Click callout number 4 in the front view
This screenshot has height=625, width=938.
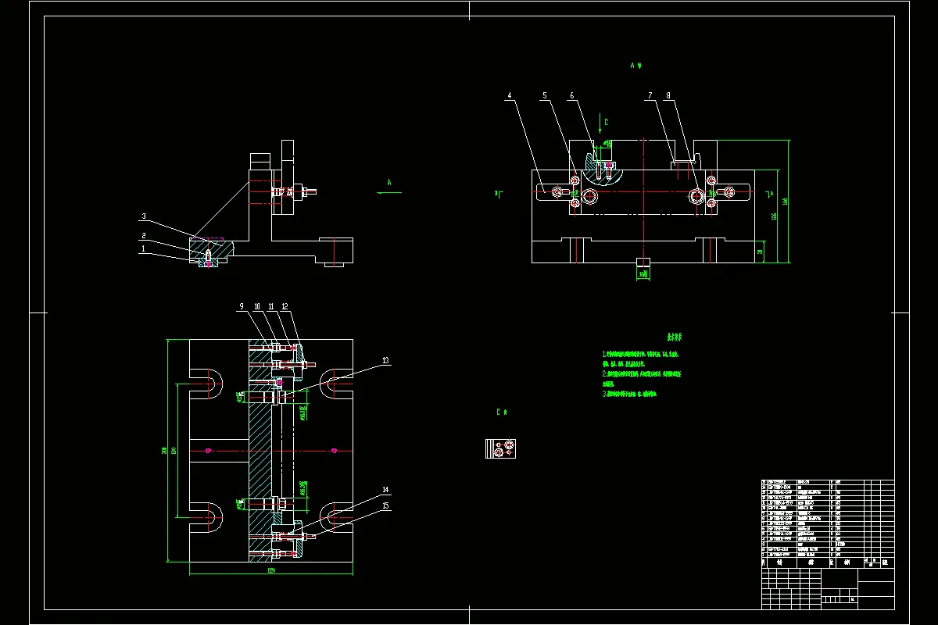point(509,96)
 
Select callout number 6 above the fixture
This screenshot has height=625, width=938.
point(571,96)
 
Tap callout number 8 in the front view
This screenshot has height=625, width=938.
point(668,96)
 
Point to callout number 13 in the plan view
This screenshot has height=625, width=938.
point(385,361)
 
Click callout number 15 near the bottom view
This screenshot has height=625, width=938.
point(385,505)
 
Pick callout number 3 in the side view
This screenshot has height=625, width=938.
point(144,216)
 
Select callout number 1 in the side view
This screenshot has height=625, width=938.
point(144,249)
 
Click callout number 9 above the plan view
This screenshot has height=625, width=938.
point(242,306)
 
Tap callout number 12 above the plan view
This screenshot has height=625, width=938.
point(285,306)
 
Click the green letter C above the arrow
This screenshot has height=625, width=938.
point(605,122)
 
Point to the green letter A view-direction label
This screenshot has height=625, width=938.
point(389,180)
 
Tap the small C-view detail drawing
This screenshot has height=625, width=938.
point(500,448)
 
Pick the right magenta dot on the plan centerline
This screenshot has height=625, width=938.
point(334,450)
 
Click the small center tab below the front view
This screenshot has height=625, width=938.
point(643,262)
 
